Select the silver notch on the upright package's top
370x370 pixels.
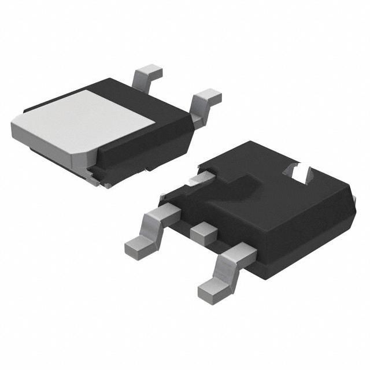[299, 172]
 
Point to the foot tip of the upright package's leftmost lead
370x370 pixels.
[136, 247]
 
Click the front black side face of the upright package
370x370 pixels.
[301, 243]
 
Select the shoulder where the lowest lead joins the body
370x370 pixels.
[243, 252]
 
